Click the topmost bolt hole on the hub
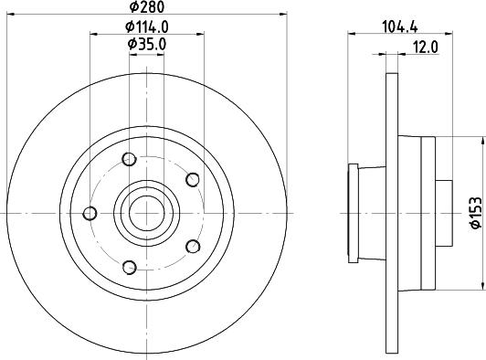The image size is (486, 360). click(129, 160)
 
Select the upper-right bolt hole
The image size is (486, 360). click(192, 179)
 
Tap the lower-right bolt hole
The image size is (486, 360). click(192, 246)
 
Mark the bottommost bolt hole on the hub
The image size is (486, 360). click(129, 267)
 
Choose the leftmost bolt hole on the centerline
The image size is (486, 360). click(90, 213)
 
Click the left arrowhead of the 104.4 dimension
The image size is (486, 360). click(352, 35)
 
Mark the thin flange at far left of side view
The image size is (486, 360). click(352, 213)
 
